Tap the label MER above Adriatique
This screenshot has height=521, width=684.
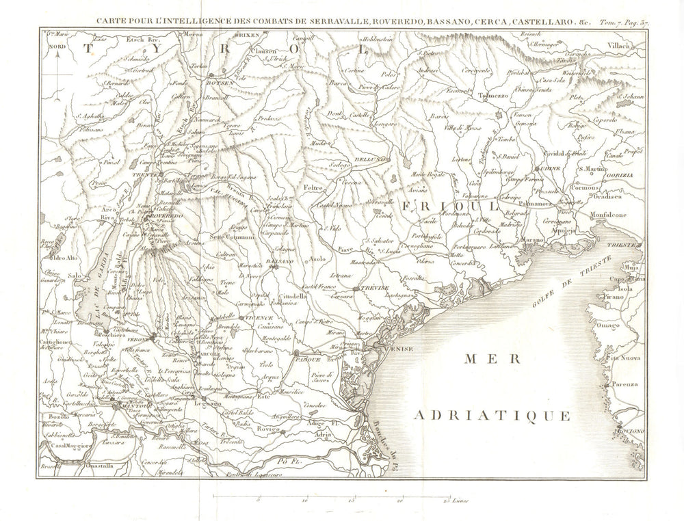[491, 358]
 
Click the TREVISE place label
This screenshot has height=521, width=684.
[374, 289]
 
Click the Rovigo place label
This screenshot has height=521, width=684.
[268, 429]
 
